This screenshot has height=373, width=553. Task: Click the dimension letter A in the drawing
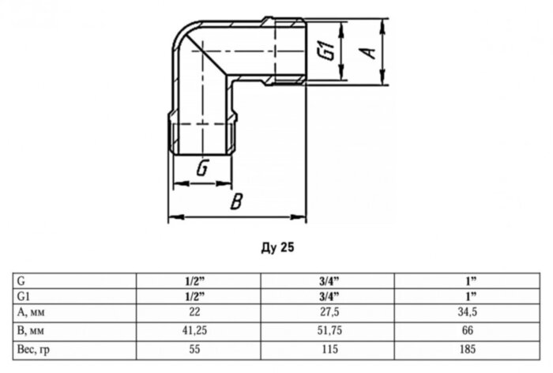click(368, 52)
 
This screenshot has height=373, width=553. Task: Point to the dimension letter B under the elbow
click(236, 202)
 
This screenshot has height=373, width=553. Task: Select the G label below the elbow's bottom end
click(203, 168)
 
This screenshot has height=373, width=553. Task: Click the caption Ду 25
click(277, 247)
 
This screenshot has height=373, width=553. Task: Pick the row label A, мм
click(31, 312)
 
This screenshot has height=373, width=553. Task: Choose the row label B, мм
click(31, 330)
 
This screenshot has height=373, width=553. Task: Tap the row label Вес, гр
click(33, 350)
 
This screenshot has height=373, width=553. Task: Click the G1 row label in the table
click(24, 296)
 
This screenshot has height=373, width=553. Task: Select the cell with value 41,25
click(194, 330)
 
